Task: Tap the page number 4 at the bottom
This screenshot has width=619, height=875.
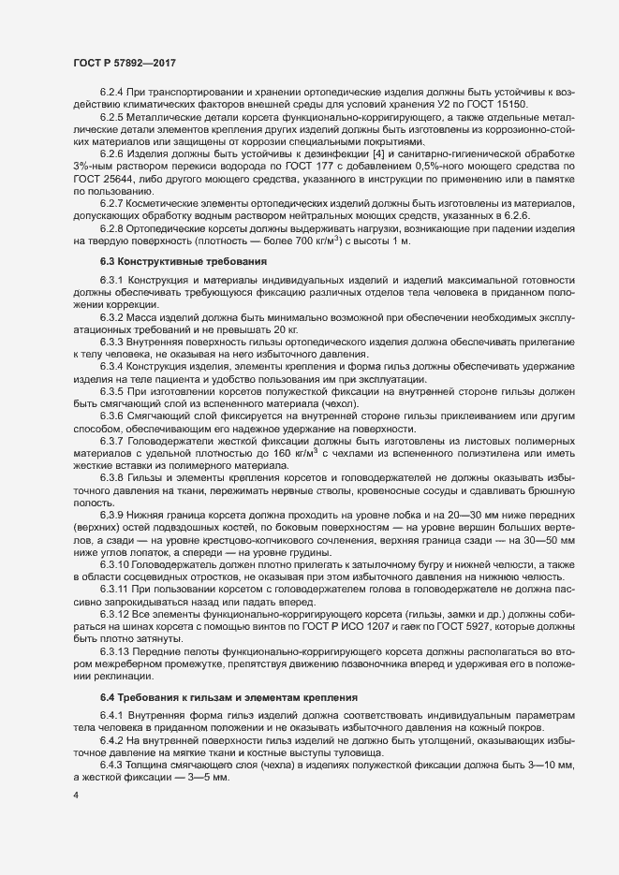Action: (x=75, y=797)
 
